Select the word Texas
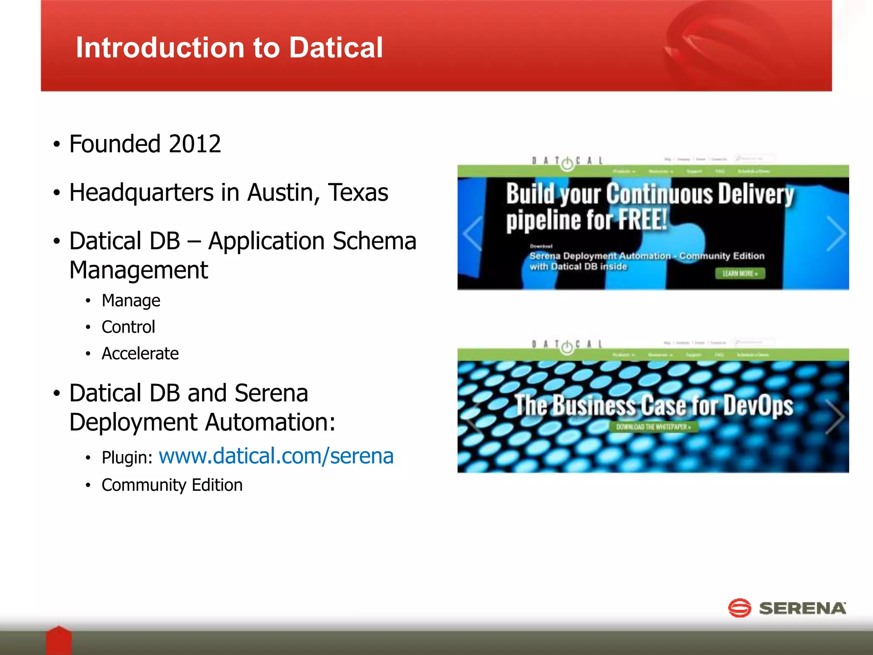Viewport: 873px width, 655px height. pos(358,193)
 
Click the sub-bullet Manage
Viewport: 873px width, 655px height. pos(131,301)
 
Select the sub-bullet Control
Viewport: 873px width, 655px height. pos(128,327)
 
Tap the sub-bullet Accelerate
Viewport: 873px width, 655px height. pos(140,354)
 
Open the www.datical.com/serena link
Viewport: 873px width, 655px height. pos(276,456)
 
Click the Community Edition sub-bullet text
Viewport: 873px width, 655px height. pos(172,485)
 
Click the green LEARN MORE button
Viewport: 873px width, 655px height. pos(740,273)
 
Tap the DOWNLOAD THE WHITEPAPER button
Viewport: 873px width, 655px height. pos(653,427)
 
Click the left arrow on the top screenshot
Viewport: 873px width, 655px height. pos(473,234)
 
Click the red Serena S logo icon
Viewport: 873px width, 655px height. pos(739,608)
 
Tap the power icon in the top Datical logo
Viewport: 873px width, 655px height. pos(567,163)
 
